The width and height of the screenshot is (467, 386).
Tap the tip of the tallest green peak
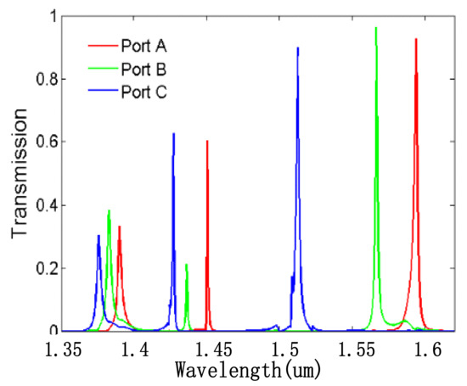tap(375, 28)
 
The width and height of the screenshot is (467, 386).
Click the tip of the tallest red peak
tap(416, 39)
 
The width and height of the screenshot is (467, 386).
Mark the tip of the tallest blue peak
tap(298, 48)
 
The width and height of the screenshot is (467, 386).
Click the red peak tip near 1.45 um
tap(207, 142)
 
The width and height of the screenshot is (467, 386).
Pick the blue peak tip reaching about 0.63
tap(174, 134)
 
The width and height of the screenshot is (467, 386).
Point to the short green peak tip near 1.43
tap(187, 265)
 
